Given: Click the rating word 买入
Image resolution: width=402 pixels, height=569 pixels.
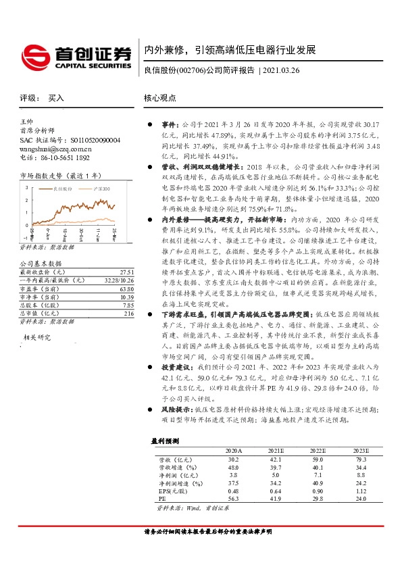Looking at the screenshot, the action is pyautogui.click(x=56, y=98).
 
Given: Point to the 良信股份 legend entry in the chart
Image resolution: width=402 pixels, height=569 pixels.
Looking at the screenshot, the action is pyautogui.click(x=64, y=189).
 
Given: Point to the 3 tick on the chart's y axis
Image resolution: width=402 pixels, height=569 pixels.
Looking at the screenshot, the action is pyautogui.click(x=25, y=186).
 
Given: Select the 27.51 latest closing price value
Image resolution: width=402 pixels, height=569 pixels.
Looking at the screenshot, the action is pyautogui.click(x=127, y=270).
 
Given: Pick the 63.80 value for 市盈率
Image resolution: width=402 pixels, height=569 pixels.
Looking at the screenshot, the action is pyautogui.click(x=127, y=287).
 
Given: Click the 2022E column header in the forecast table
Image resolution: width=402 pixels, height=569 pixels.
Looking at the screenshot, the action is pyautogui.click(x=318, y=450).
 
